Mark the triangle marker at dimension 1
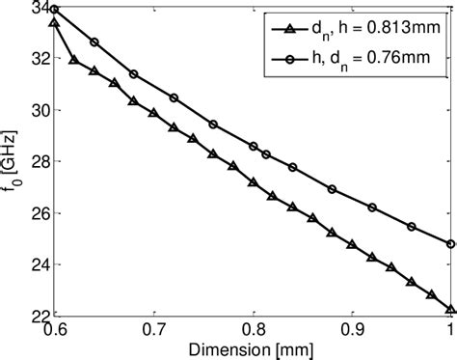450,309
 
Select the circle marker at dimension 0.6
55,9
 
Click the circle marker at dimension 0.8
253,146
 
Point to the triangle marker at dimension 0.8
253,181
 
